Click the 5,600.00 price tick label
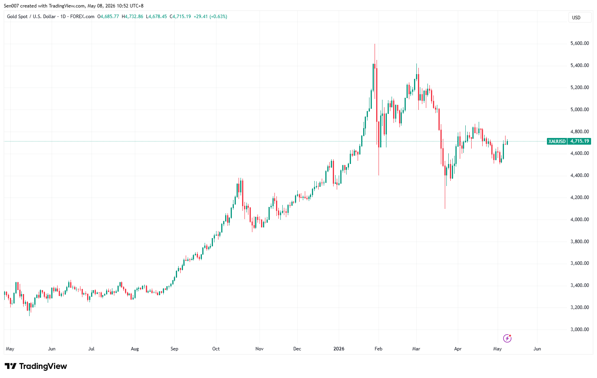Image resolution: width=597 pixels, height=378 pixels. coord(580,43)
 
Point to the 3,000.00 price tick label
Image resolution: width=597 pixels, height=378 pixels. coord(580,330)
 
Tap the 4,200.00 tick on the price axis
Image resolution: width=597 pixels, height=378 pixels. coord(580,197)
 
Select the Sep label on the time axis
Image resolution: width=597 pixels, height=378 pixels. coord(174,349)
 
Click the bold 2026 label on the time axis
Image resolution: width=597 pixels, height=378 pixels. coord(339,349)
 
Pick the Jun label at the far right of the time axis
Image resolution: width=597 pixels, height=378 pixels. coord(537,349)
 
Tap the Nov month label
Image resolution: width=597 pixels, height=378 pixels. coord(259,349)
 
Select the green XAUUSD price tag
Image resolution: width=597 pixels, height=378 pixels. coord(557,141)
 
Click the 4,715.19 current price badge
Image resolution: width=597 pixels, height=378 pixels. coord(579,141)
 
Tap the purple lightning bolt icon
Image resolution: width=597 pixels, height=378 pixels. coord(507,338)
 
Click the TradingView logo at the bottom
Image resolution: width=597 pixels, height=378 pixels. coord(36,366)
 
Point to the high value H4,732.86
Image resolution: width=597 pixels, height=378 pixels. coord(132,17)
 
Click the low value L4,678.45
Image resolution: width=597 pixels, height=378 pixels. coord(157,17)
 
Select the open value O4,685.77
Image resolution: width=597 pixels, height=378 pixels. coord(108,17)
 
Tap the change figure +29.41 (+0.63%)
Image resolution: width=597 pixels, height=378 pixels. coord(210,17)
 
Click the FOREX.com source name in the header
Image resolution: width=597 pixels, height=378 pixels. coord(82,17)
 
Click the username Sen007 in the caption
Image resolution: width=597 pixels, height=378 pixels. coord(11,6)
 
